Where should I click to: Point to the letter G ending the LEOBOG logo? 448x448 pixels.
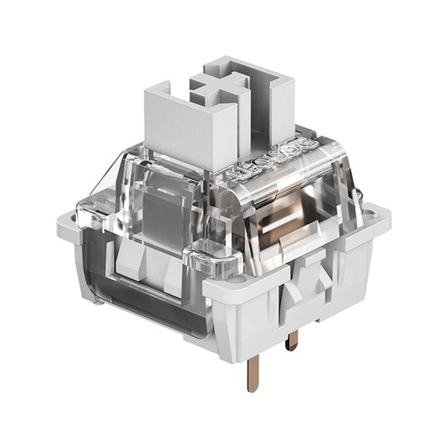309,145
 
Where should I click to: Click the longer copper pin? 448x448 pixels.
251,363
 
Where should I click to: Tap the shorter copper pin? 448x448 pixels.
293,339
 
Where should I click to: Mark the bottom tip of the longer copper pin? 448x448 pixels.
250,388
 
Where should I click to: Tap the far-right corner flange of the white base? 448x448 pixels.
374,213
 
